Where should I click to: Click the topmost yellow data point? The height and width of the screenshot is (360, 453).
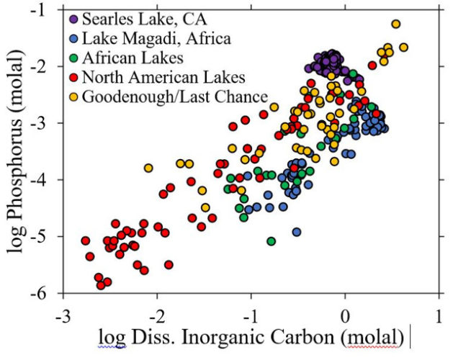click(x=395, y=24)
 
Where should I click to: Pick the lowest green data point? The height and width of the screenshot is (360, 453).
click(x=272, y=241)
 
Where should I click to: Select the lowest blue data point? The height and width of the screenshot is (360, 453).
click(x=296, y=232)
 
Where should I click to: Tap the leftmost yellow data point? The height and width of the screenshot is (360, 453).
click(x=148, y=168)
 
